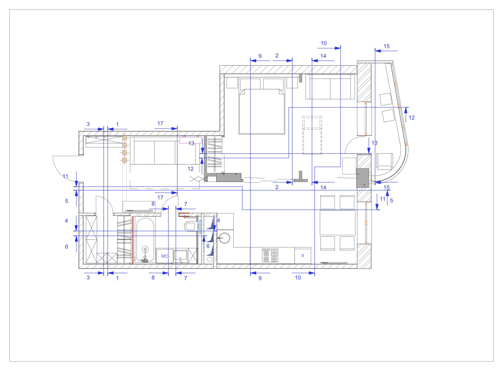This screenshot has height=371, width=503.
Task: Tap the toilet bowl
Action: point(190,226)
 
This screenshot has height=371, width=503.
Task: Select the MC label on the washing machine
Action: point(165,256)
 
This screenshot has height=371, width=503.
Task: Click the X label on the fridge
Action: point(303,256)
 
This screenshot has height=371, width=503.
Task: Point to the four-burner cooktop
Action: point(270,255)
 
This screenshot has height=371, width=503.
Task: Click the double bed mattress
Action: point(262,111)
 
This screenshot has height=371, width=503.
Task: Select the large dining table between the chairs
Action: point(338,223)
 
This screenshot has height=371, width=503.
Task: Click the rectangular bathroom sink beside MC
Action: point(180,256)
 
